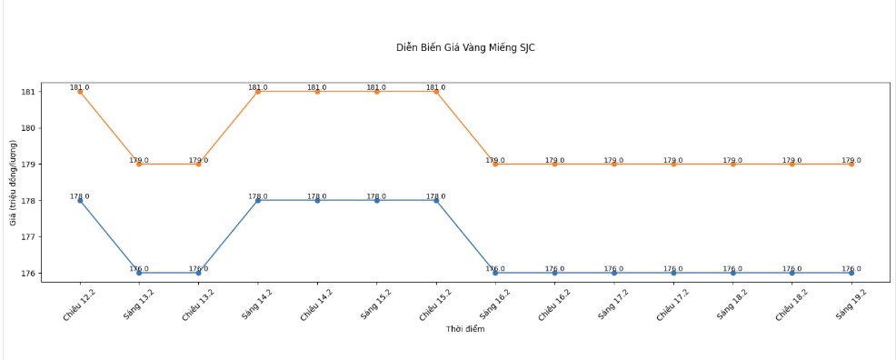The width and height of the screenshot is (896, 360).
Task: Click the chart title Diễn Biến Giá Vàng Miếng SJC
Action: (x=465, y=47)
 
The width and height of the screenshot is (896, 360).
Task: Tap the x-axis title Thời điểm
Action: (x=465, y=329)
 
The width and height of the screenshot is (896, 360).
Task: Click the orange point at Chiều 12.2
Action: (x=80, y=92)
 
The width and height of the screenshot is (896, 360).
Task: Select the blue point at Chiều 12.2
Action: (x=80, y=200)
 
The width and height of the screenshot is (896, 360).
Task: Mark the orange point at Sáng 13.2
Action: (x=139, y=164)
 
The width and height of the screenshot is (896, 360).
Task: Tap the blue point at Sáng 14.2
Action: (x=258, y=200)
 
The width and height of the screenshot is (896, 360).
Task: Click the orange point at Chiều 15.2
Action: (x=436, y=92)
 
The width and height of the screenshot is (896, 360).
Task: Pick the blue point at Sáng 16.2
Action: (x=495, y=273)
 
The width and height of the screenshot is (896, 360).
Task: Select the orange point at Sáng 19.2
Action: (x=851, y=164)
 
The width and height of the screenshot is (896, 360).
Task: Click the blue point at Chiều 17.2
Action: (x=673, y=273)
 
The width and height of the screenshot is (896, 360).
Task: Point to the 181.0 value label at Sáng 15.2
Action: (x=376, y=87)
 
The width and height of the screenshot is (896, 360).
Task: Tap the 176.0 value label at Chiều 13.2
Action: (x=198, y=268)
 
